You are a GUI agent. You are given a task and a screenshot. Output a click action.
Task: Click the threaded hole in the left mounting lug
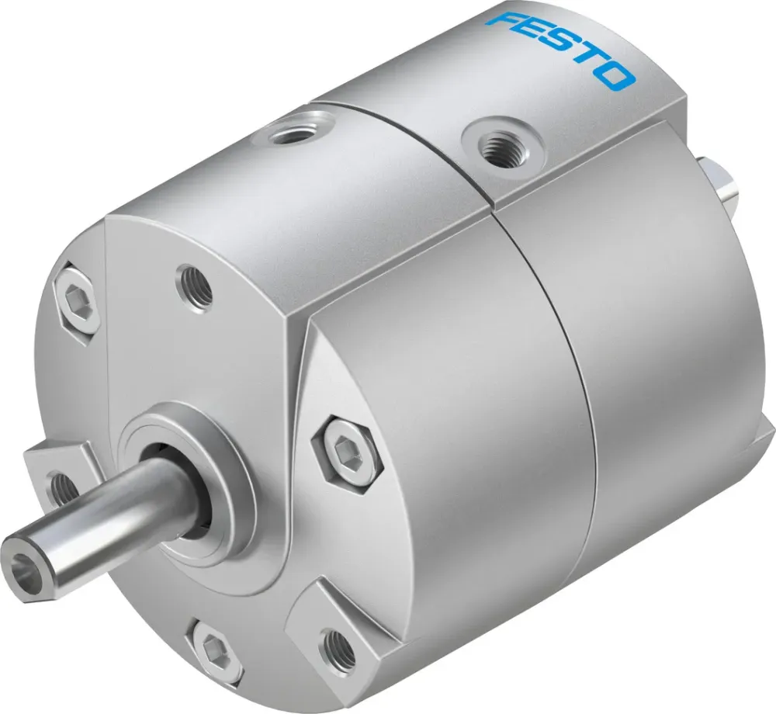pyautogui.click(x=59, y=487)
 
